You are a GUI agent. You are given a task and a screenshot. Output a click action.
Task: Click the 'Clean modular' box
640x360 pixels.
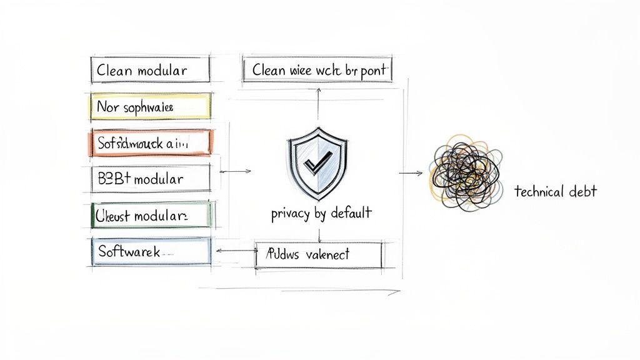[x=150, y=70]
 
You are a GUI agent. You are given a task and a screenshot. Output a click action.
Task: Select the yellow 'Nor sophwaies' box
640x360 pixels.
[x=150, y=107]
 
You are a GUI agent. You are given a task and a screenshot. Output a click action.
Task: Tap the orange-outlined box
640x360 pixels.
[x=152, y=142]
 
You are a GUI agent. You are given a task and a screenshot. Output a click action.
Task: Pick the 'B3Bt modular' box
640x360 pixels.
[x=150, y=179]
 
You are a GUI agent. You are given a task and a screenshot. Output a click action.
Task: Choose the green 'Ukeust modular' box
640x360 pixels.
[x=151, y=215]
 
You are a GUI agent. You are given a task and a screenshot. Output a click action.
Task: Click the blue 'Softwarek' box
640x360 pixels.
[x=151, y=251]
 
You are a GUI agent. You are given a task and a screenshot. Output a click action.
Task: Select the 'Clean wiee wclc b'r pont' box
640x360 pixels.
[x=317, y=70]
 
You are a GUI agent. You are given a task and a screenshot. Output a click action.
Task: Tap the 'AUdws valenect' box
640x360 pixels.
[x=319, y=254]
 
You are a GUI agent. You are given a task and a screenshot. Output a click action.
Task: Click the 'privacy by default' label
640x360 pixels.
[x=321, y=213]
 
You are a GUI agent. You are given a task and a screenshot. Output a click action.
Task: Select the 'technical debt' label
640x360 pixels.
[x=555, y=192]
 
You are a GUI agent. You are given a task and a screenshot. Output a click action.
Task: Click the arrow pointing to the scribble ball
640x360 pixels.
[x=410, y=173]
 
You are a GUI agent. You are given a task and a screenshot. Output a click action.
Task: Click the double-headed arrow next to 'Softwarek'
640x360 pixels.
[x=235, y=251]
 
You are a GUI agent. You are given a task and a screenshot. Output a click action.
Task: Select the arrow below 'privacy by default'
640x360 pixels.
[x=319, y=234]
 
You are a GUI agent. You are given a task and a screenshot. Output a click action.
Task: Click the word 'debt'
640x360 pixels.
[x=583, y=192]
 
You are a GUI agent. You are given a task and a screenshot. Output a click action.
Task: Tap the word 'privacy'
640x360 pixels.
[x=291, y=214]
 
